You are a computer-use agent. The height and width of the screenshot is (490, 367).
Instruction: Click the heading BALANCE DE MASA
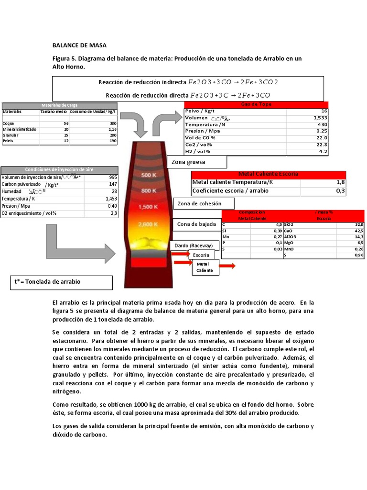(x=79, y=45)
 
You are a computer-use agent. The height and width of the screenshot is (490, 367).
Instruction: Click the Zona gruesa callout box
(x=196, y=162)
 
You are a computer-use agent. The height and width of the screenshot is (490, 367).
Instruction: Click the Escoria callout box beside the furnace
(x=201, y=255)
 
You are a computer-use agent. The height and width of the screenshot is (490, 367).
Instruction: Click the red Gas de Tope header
(x=256, y=104)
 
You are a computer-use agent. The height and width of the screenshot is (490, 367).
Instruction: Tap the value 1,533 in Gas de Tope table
(x=320, y=117)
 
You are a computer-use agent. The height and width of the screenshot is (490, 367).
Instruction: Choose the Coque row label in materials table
(x=9, y=123)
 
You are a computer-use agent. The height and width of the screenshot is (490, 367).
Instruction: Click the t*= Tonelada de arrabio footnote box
(x=61, y=282)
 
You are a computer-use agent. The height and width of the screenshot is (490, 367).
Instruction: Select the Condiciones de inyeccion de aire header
(x=59, y=169)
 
